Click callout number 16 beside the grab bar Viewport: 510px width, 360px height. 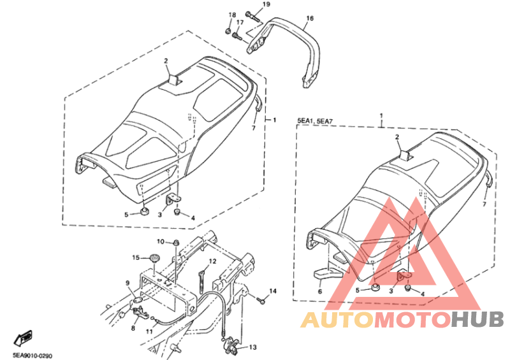pyautogui.click(x=310, y=18)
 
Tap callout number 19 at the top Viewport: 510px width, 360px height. pyautogui.click(x=266, y=4)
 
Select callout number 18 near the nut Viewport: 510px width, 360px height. pyautogui.click(x=232, y=15)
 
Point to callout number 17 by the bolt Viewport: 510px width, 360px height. pyautogui.click(x=240, y=22)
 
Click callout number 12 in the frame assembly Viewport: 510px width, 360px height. pyautogui.click(x=212, y=261)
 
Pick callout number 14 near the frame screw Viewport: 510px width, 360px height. pyautogui.click(x=273, y=291)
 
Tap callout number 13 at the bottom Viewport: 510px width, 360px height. pyautogui.click(x=252, y=347)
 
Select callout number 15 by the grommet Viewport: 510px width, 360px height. pyautogui.click(x=136, y=257)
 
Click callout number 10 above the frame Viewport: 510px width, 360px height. pyautogui.click(x=161, y=241)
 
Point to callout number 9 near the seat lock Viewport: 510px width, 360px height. pyautogui.click(x=127, y=283)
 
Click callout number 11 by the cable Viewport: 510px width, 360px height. pyautogui.click(x=149, y=332)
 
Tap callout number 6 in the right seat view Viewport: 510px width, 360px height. pyautogui.click(x=320, y=291)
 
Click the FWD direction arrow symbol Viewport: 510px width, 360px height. pyautogui.click(x=24, y=338)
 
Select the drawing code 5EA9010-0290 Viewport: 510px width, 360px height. pyautogui.click(x=33, y=356)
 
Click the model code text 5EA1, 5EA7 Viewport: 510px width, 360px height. pyautogui.click(x=315, y=121)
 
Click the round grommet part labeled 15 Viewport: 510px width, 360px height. pyautogui.click(x=154, y=259)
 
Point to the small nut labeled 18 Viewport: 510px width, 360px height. pyautogui.click(x=228, y=31)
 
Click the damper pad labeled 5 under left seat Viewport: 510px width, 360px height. pyautogui.click(x=145, y=212)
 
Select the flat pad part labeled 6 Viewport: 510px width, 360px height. pyautogui.click(x=328, y=273)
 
